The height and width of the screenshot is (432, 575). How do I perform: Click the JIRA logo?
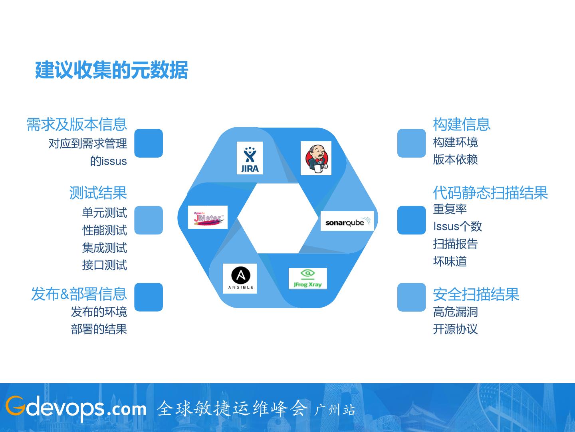[x=250, y=158]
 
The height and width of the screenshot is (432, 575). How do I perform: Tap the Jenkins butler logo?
[x=316, y=158]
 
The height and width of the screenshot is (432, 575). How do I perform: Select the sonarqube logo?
[x=347, y=221]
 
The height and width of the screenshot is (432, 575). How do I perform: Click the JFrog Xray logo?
[x=307, y=278]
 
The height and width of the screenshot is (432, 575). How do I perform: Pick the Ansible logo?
[x=240, y=278]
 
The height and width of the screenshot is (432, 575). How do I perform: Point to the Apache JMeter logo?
[x=208, y=217]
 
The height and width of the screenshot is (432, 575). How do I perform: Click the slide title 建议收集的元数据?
[x=111, y=70]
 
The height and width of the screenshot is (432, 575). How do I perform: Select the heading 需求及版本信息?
[x=77, y=124]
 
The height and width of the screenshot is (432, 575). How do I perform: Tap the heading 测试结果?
[x=98, y=193]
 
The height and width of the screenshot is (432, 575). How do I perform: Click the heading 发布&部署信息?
[x=79, y=294]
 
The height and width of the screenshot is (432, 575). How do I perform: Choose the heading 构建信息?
[x=462, y=124]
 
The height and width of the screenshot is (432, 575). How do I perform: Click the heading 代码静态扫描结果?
[x=490, y=193]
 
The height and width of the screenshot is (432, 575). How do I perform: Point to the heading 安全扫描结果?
[x=476, y=294]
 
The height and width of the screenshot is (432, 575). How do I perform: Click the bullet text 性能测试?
[x=105, y=230]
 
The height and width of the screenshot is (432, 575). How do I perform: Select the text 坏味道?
[x=450, y=261]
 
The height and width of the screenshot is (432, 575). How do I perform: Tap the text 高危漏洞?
[x=456, y=312]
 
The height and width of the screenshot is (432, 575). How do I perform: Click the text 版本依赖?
[x=456, y=159]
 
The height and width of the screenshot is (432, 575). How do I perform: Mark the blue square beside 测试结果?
[x=149, y=220]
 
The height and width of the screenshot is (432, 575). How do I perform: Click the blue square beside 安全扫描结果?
[x=412, y=297]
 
